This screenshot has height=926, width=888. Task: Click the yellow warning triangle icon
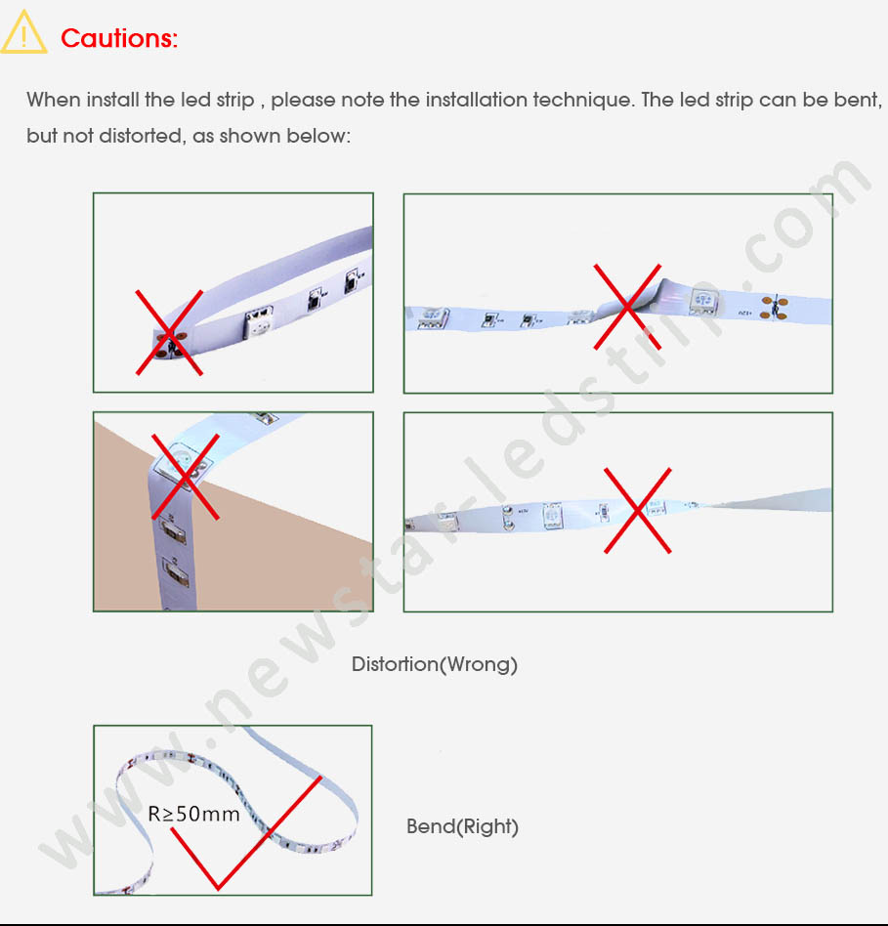(23, 33)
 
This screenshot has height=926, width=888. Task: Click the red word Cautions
(119, 38)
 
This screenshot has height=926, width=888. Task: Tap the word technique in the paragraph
(584, 100)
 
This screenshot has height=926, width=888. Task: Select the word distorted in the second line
(141, 136)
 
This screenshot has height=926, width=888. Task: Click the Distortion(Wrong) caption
(435, 664)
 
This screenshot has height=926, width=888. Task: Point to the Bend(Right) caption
(463, 826)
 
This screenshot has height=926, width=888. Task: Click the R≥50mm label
(193, 814)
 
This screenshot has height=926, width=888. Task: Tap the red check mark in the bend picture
(246, 832)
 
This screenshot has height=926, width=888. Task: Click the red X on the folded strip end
(170, 332)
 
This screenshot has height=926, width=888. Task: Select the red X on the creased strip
(627, 307)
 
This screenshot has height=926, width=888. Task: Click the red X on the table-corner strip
(186, 477)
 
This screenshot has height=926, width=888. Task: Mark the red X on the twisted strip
(638, 510)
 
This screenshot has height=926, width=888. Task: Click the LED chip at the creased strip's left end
(433, 317)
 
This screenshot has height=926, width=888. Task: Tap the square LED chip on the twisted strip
(552, 516)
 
